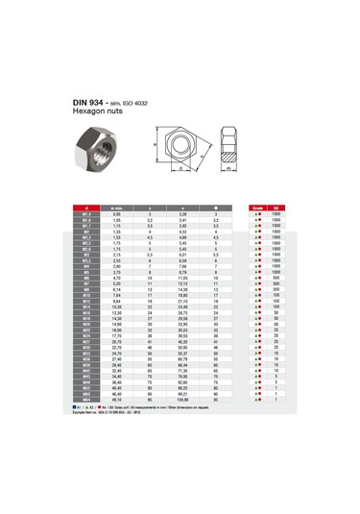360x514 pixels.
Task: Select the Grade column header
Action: [258, 207]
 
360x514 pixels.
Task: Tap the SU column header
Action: [277, 207]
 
